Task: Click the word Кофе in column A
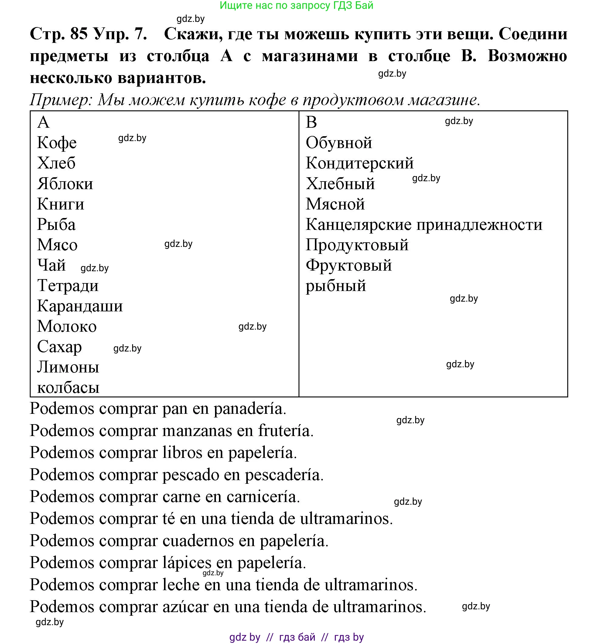56,143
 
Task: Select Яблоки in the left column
65,184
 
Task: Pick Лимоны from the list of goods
68,367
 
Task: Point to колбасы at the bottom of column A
68,387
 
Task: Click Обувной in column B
339,143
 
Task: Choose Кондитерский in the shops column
359,163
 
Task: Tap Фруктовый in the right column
348,265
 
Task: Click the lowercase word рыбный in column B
336,286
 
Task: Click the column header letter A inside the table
43,122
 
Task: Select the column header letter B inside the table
311,122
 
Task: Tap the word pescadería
284,475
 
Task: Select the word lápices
187,563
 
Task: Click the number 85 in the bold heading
79,33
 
